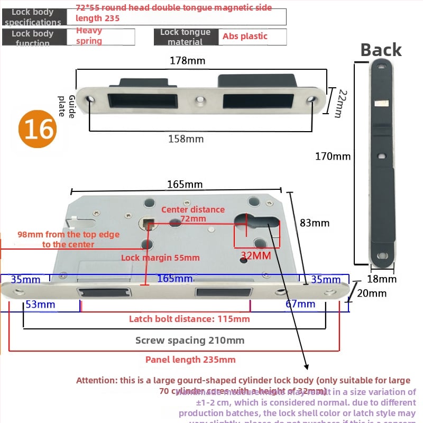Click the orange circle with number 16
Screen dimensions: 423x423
[38, 129]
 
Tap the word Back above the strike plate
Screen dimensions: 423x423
[381, 50]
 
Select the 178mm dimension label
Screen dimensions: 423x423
[187, 61]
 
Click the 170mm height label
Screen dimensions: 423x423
[333, 156]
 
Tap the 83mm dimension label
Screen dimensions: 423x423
[315, 223]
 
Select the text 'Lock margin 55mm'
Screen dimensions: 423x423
[160, 258]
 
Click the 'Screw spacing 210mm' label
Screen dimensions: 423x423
[190, 341]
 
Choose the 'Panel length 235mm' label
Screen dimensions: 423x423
[190, 360]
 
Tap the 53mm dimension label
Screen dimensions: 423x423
[41, 304]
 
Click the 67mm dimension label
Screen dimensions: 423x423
[300, 304]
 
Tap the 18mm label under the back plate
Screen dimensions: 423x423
[381, 279]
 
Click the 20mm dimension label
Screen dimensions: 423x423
[372, 293]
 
